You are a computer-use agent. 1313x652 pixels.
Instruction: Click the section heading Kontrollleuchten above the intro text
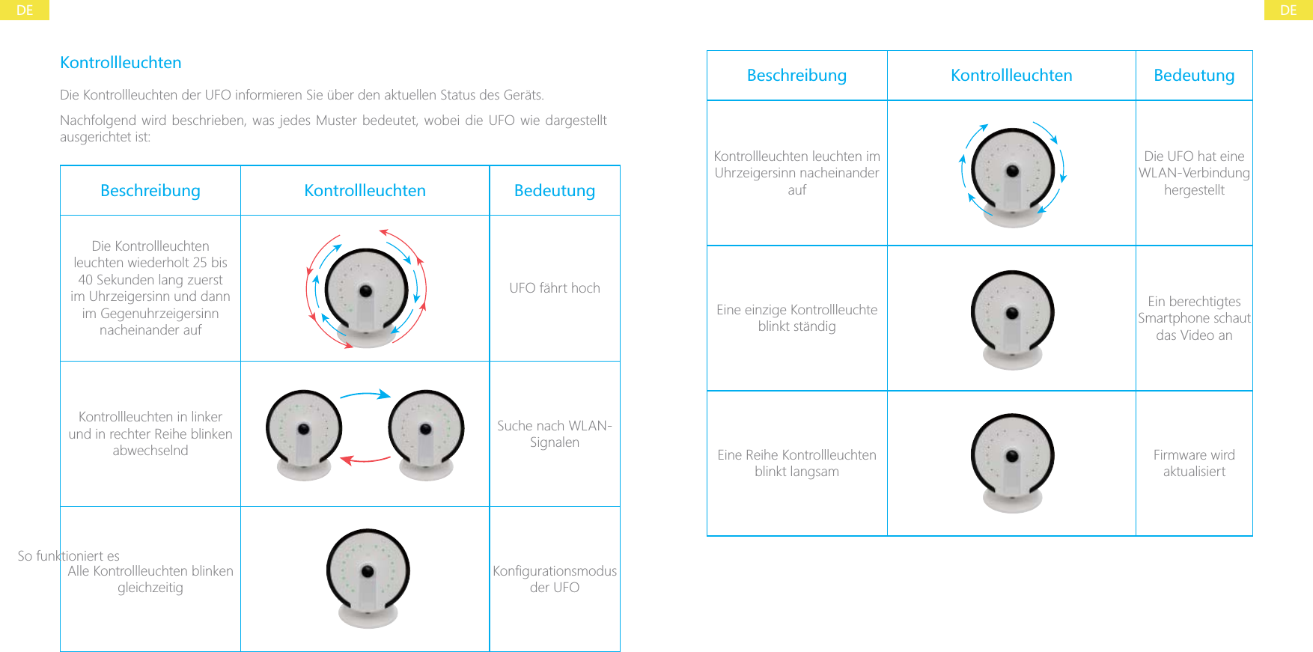click(x=121, y=63)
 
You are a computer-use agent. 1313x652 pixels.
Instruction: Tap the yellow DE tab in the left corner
click(x=25, y=10)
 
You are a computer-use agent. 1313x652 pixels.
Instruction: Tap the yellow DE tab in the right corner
click(x=1288, y=10)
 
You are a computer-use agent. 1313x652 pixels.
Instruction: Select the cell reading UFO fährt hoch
click(x=555, y=288)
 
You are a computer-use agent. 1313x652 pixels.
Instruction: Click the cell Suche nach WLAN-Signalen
click(x=555, y=434)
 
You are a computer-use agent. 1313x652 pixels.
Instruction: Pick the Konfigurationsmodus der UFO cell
click(x=555, y=579)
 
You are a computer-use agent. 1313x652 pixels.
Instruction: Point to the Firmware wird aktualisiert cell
click(x=1194, y=463)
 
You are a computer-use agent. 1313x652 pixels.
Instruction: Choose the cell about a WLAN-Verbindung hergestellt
click(x=1194, y=173)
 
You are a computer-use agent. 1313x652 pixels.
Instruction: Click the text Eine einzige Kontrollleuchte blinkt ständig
click(x=796, y=318)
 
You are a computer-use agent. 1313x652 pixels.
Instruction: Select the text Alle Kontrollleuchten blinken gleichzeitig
click(x=150, y=579)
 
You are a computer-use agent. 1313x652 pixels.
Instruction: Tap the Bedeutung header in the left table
click(x=555, y=191)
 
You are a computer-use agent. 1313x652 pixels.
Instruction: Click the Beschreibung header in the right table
click(x=796, y=76)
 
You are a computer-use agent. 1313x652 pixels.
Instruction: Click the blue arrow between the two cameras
click(x=365, y=394)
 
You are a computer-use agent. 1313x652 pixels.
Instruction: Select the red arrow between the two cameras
click(x=365, y=460)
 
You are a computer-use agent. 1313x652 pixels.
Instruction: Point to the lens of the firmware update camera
click(x=1012, y=456)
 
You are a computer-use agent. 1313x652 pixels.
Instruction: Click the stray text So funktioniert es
click(x=68, y=556)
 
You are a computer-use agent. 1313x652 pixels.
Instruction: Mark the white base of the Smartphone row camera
click(x=1012, y=358)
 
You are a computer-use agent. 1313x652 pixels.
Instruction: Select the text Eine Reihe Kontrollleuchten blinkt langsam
click(x=796, y=463)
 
